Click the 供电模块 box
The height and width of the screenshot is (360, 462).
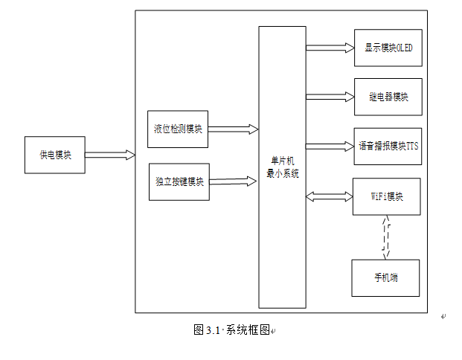click(x=55, y=155)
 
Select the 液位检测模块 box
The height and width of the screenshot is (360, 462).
click(x=178, y=129)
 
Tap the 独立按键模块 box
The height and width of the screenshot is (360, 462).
click(x=179, y=181)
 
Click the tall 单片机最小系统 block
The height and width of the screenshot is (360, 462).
click(x=282, y=167)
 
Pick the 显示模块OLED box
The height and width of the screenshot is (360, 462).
click(x=388, y=48)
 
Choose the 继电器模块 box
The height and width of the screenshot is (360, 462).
click(x=388, y=97)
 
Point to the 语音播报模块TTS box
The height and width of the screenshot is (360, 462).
click(x=388, y=146)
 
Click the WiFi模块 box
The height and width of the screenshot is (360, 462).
click(x=386, y=196)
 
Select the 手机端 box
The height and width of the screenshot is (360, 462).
click(x=385, y=277)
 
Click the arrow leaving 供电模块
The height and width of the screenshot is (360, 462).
click(x=110, y=155)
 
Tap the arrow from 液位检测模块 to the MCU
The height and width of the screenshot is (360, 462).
click(x=234, y=129)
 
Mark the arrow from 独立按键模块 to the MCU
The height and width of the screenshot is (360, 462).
click(x=234, y=180)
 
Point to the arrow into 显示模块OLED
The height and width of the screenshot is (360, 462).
click(x=330, y=48)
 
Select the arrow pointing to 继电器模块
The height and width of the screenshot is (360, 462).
click(x=330, y=97)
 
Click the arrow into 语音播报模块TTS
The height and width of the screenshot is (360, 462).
click(x=330, y=146)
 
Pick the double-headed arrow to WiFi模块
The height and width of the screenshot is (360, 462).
click(x=330, y=197)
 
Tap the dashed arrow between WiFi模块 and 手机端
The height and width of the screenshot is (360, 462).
click(x=385, y=237)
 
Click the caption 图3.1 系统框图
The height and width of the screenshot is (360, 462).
click(x=231, y=330)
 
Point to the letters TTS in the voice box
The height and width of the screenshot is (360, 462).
click(x=412, y=146)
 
